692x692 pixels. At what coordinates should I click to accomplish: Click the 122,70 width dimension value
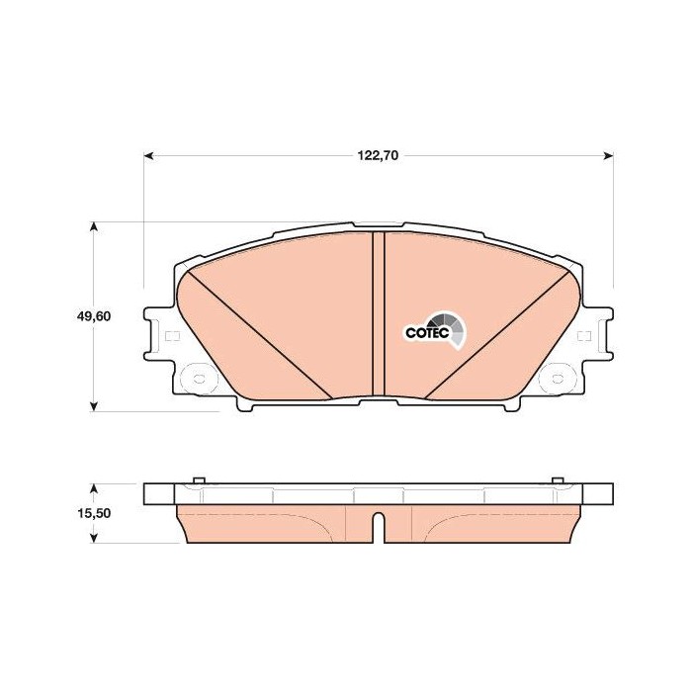pyautogui.click(x=378, y=155)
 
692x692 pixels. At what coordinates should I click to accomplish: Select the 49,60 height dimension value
pyautogui.click(x=94, y=316)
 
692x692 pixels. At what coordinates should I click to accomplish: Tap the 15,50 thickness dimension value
pyautogui.click(x=94, y=513)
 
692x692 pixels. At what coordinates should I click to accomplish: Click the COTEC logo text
pyautogui.click(x=427, y=332)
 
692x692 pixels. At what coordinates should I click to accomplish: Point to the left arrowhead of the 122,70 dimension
pyautogui.click(x=149, y=156)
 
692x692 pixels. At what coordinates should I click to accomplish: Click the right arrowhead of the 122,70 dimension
pyautogui.click(x=608, y=156)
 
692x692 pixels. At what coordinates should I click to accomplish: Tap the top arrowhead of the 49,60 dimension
pyautogui.click(x=93, y=226)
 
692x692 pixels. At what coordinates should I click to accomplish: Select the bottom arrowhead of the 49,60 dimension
pyautogui.click(x=93, y=406)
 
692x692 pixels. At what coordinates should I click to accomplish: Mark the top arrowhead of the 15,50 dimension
pyautogui.click(x=93, y=488)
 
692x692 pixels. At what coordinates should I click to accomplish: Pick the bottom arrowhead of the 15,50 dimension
pyautogui.click(x=93, y=538)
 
